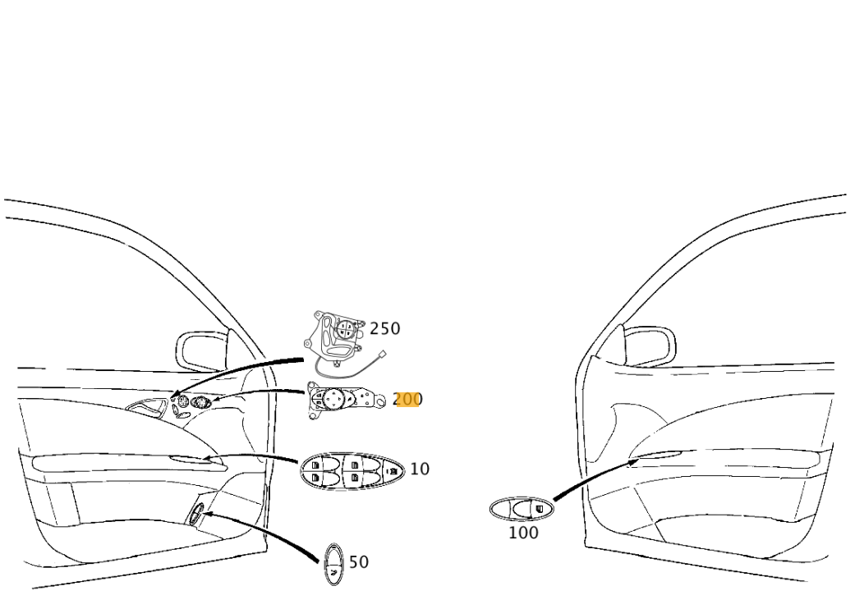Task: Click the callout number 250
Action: [385, 328]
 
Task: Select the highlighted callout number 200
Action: [407, 399]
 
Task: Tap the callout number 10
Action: [420, 469]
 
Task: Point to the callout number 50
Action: [359, 561]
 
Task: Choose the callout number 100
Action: [523, 532]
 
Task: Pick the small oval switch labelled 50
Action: [333, 565]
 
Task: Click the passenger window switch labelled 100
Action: [522, 509]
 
